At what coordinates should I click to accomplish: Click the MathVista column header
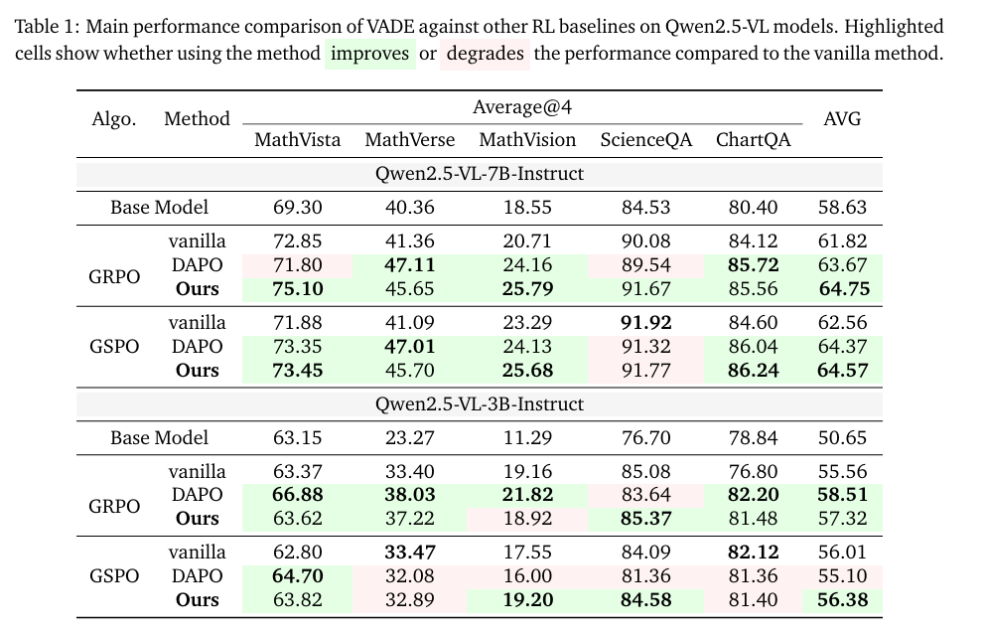pos(297,140)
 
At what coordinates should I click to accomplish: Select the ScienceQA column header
pos(645,140)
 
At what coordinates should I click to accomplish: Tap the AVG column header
pos(842,119)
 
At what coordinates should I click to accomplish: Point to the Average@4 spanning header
pos(522,106)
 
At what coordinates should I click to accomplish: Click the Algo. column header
pos(114,119)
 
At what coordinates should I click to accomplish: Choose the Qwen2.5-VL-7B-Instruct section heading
pos(479,174)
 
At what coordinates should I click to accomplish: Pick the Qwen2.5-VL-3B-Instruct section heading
pos(479,404)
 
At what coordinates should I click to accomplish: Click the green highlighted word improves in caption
pos(369,54)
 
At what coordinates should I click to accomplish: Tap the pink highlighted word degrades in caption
pos(485,54)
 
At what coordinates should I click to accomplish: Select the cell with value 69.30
pos(297,208)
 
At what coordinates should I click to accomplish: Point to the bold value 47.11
pos(409,265)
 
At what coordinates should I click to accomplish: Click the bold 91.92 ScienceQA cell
pos(645,323)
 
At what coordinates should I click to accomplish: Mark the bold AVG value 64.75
pos(842,289)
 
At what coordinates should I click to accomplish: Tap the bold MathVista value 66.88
pos(297,495)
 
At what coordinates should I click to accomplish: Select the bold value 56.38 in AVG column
pos(842,600)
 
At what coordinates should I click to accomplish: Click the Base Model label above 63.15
pos(159,438)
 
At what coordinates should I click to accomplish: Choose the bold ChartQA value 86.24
pos(754,371)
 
